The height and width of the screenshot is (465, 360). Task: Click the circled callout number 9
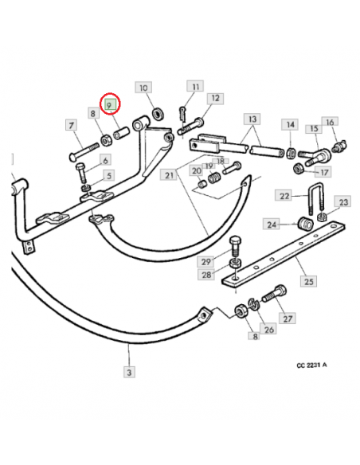click(110, 105)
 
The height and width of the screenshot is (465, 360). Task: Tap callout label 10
click(143, 88)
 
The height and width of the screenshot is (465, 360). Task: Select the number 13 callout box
click(252, 119)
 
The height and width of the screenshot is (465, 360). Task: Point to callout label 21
click(168, 175)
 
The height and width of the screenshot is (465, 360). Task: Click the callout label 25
click(308, 281)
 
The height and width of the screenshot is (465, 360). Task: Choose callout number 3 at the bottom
click(129, 372)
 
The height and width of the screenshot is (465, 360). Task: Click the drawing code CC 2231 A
click(311, 365)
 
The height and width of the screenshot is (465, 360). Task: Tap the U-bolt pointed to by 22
click(316, 198)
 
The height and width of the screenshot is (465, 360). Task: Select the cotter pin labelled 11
click(182, 114)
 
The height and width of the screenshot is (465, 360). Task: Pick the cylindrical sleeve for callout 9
click(121, 132)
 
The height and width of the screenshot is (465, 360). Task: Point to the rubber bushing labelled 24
click(305, 224)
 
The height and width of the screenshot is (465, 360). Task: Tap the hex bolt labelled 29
click(236, 246)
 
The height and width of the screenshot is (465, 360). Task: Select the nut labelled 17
click(298, 169)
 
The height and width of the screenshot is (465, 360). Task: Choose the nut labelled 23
click(322, 217)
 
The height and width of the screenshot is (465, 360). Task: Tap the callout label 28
click(206, 275)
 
